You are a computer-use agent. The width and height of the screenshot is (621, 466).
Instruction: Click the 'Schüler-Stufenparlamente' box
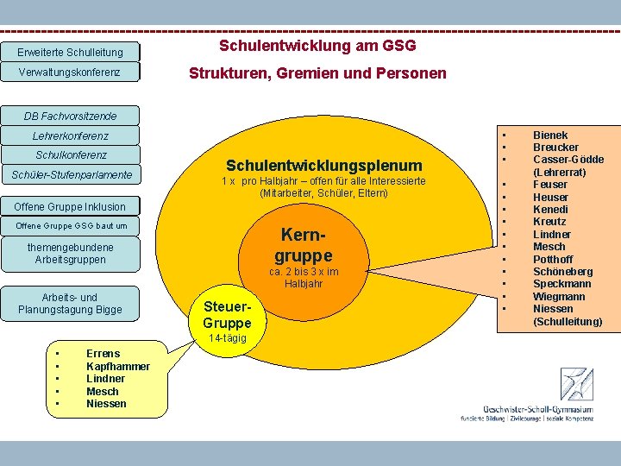[x=71, y=175]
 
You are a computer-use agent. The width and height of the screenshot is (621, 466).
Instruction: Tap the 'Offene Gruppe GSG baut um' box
[x=71, y=226]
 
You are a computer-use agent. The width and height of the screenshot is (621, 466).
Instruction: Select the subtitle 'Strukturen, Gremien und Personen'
[x=317, y=73]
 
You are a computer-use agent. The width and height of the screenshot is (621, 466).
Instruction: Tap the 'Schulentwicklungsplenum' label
[x=323, y=165]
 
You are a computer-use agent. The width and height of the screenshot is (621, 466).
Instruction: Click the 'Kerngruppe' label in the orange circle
[x=303, y=245]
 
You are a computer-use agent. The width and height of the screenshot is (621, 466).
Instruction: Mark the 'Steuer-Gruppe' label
[x=227, y=315]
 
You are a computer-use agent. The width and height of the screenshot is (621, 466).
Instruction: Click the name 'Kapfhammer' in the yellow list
[x=118, y=366]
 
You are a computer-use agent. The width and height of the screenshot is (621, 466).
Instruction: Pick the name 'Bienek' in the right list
[x=550, y=135]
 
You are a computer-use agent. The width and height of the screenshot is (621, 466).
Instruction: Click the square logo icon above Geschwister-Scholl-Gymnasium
[x=577, y=384]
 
